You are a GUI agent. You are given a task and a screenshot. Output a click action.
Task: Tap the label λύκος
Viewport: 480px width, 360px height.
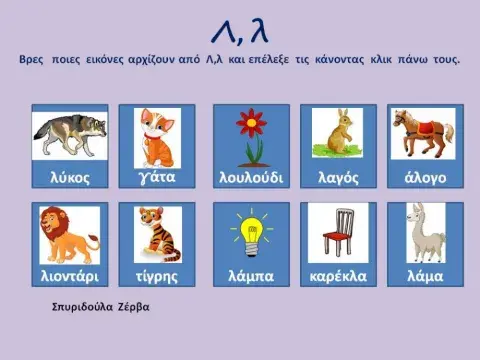pyautogui.click(x=69, y=178)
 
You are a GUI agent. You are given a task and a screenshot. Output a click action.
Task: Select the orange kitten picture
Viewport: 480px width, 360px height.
pyautogui.click(x=156, y=135)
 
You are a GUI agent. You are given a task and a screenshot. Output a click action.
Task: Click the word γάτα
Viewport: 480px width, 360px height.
pyautogui.click(x=156, y=178)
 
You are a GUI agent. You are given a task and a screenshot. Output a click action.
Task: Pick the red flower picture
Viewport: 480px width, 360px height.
pyautogui.click(x=250, y=135)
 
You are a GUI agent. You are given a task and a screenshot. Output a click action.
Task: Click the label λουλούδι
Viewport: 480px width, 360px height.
pyautogui.click(x=250, y=178)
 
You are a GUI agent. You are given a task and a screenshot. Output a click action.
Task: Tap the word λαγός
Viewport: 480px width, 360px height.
pyautogui.click(x=337, y=178)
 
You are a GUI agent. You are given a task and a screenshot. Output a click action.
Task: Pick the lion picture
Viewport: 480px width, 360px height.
pyautogui.click(x=70, y=233)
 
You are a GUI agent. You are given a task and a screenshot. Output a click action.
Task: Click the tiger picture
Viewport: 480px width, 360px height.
pyautogui.click(x=156, y=233)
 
